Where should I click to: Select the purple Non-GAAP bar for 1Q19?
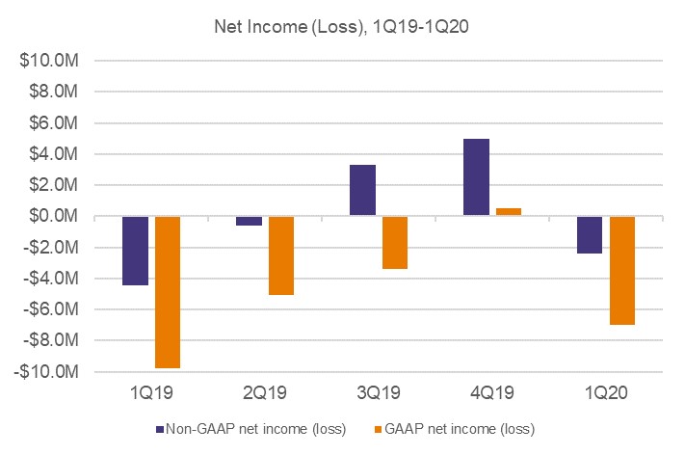[136, 251]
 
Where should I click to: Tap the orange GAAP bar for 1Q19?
[168, 292]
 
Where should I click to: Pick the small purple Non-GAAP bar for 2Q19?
[250, 221]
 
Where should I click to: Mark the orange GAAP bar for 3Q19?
[395, 242]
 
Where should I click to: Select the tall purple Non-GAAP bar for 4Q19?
[477, 177]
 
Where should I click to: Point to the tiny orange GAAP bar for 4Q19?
[509, 212]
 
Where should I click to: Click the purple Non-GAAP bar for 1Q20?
[591, 235]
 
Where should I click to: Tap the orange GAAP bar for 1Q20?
[622, 271]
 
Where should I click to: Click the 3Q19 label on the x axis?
[380, 393]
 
